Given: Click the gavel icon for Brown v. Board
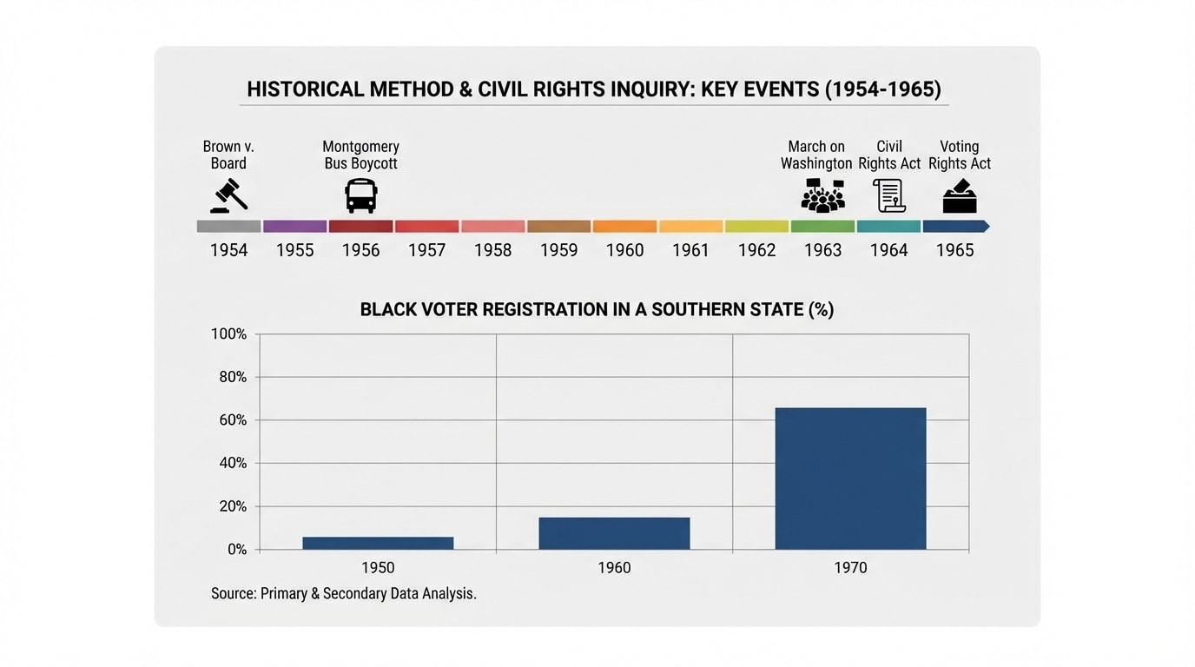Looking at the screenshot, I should tap(228, 195).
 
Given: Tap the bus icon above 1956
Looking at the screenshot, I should tap(360, 195).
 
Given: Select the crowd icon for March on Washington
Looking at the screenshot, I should tap(822, 195).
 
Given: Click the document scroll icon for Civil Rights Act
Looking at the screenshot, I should tap(889, 195).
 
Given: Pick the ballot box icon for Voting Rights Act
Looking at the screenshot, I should tap(960, 195).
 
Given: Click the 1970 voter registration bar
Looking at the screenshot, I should tap(850, 479).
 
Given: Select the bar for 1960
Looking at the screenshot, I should tap(614, 533).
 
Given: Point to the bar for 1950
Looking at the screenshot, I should tap(378, 543).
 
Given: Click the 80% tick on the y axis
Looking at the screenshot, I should tap(229, 377).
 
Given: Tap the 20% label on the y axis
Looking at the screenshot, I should tap(229, 506).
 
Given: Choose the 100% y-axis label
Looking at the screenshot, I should tap(228, 334).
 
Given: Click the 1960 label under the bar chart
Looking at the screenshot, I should tap(614, 568).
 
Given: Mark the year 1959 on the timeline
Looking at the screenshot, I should tap(558, 250).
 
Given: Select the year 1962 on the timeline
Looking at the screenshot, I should tap(756, 250).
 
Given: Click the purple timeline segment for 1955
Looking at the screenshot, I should tap(295, 227).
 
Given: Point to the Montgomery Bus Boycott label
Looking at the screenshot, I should tap(360, 155).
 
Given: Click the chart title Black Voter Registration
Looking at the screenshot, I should tap(597, 310).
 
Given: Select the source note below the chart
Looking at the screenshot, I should tap(344, 594).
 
